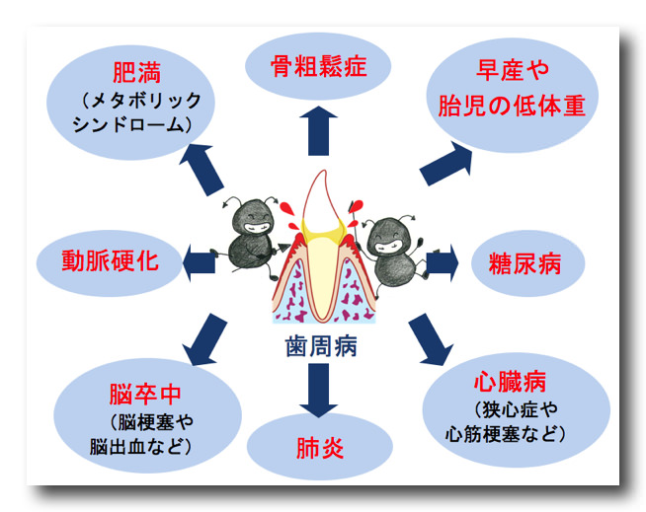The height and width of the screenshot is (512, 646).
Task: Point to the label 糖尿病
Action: (524, 263)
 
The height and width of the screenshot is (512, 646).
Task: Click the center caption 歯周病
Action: (317, 348)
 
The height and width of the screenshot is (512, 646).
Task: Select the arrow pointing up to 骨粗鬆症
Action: (318, 129)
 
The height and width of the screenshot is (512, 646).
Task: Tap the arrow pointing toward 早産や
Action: (445, 163)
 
